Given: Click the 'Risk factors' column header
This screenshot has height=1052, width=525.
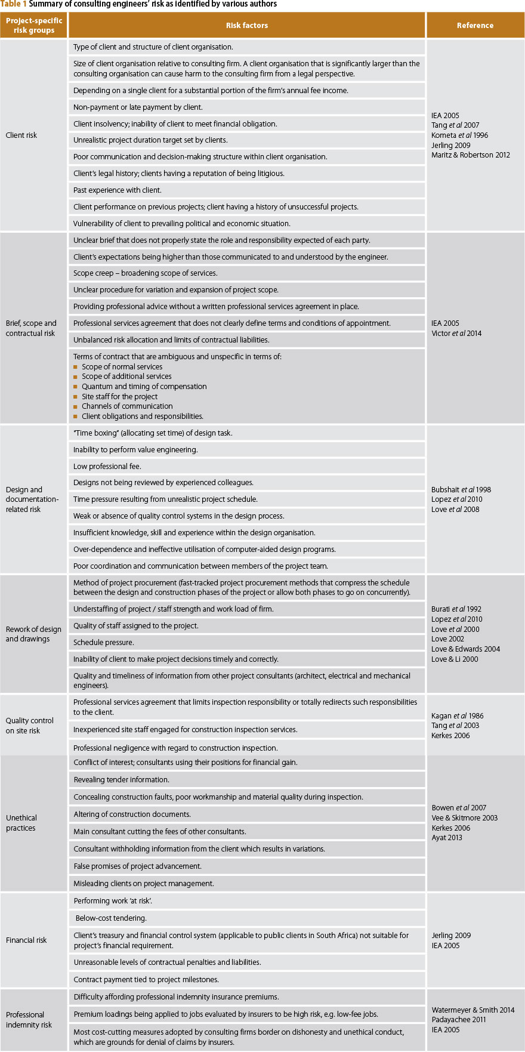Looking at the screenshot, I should pos(246,26).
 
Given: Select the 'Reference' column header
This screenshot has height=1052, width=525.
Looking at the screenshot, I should pos(475,26).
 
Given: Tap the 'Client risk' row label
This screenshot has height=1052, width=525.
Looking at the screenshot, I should pos(21,135).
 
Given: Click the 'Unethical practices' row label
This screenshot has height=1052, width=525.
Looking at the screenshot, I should pos(21,823).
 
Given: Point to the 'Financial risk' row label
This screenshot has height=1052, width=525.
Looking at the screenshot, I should pos(26,940).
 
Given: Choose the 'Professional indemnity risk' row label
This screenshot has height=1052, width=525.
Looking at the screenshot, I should pos(29,1020).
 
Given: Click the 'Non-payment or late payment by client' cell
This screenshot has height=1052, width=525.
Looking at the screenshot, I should pos(138,107).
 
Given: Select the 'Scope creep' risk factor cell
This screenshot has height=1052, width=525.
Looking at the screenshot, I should pos(145,273).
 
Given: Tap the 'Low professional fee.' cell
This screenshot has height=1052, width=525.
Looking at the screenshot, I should pos(107,467).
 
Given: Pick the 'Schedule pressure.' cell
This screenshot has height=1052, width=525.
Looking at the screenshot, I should pos(104,643).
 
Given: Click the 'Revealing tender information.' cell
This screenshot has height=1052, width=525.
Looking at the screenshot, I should pos(122,780).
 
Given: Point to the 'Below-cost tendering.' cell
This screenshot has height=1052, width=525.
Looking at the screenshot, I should pos(111,918).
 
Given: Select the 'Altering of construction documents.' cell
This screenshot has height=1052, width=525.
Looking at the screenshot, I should pos(132,815).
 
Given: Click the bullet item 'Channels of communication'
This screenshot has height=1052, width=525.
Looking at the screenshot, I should pos(127,406).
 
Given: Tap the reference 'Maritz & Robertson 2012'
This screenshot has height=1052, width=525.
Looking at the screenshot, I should pos(471,155).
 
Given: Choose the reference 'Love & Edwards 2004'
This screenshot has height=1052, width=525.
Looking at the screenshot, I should pos(466,649).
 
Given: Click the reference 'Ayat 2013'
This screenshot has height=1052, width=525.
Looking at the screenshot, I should pos(447,838).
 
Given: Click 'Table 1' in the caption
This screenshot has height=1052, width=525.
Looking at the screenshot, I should pos(14,4).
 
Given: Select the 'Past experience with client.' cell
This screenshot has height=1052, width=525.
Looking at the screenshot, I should pos(118,190).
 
